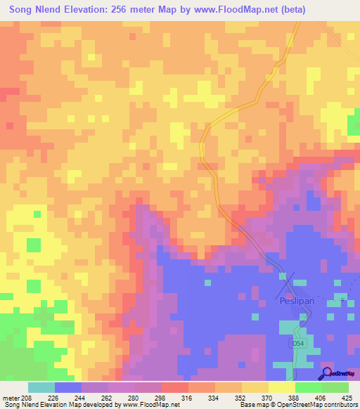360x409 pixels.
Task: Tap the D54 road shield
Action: click(x=298, y=344)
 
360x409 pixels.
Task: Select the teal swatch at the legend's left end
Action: click(x=41, y=387)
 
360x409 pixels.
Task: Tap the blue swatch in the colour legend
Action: click(x=68, y=387)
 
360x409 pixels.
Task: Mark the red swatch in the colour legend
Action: click(x=175, y=387)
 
